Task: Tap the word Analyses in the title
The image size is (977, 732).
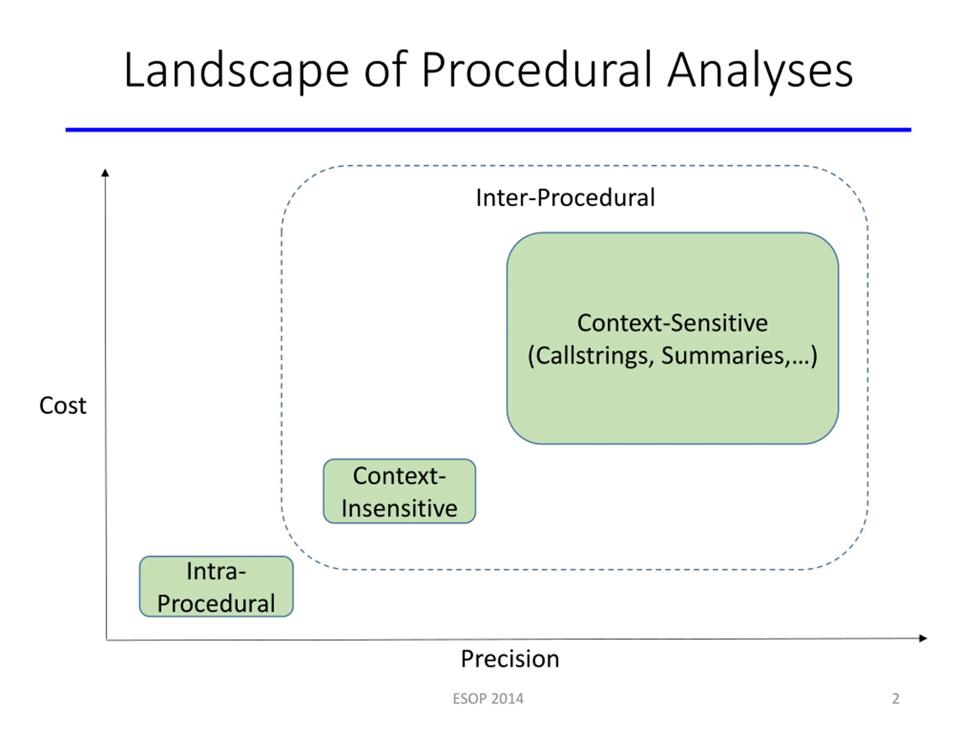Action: [760, 71]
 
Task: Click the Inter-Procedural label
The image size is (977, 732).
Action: [565, 197]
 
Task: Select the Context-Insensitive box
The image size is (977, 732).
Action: [399, 491]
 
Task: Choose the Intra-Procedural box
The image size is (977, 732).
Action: [216, 586]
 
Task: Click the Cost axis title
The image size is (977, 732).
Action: [63, 406]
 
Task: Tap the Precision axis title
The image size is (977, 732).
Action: [510, 659]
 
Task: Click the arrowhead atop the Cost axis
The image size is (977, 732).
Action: [105, 173]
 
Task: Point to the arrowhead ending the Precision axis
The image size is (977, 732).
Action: [923, 638]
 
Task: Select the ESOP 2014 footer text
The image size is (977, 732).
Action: [488, 699]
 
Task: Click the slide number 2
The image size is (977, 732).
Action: [895, 699]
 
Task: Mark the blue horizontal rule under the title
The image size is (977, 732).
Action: [488, 130]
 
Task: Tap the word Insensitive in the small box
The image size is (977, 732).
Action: [399, 508]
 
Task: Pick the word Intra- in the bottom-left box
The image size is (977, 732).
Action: [216, 571]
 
